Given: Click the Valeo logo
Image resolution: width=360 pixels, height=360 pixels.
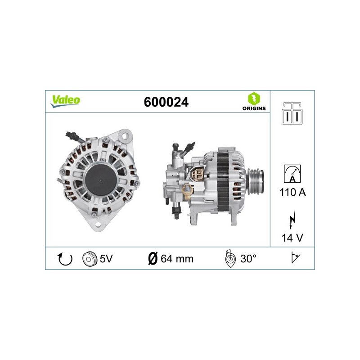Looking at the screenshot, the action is [x=65, y=101].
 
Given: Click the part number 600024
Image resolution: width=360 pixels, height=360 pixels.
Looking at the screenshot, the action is [x=166, y=102].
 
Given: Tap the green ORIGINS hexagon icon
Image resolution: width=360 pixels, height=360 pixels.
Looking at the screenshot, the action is [x=254, y=99].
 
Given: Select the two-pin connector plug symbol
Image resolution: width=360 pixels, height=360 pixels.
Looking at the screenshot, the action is [x=292, y=113].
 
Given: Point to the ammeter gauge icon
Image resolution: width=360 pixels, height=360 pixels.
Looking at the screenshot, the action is [x=292, y=174].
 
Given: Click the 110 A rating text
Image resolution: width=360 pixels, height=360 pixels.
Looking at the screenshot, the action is [x=293, y=192].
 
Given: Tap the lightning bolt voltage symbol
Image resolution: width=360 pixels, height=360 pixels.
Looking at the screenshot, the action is [x=292, y=219].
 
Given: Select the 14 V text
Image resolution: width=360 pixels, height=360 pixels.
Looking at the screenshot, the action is [x=292, y=238].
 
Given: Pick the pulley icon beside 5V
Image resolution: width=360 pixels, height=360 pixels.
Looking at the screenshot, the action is [x=90, y=259].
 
